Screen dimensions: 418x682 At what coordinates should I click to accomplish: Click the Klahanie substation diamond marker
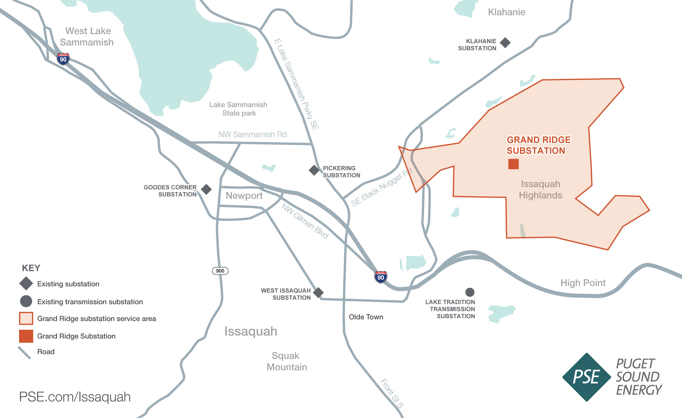[505, 43]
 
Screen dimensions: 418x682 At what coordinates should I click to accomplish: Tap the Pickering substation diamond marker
[314, 170]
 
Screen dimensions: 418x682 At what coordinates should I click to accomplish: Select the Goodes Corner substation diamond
[206, 190]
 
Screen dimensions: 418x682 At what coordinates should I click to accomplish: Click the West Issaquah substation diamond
[318, 293]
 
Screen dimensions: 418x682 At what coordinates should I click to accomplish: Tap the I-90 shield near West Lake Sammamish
[63, 59]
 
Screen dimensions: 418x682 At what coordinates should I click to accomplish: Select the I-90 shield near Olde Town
[381, 277]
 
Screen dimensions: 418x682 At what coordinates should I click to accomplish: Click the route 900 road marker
[220, 271]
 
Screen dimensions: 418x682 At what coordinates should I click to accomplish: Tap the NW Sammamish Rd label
[252, 134]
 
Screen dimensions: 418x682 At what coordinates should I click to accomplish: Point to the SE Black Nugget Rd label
[382, 187]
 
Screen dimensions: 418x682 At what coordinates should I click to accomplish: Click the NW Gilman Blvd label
[305, 221]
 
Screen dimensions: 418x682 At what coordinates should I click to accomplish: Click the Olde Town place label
[366, 317]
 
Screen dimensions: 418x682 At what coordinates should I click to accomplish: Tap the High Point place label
[583, 283]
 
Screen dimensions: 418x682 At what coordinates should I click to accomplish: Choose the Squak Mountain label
[286, 361]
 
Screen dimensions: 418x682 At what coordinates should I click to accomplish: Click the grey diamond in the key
[26, 284]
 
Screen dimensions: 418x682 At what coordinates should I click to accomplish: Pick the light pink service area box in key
[26, 318]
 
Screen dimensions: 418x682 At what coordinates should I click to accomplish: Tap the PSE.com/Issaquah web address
[75, 397]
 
